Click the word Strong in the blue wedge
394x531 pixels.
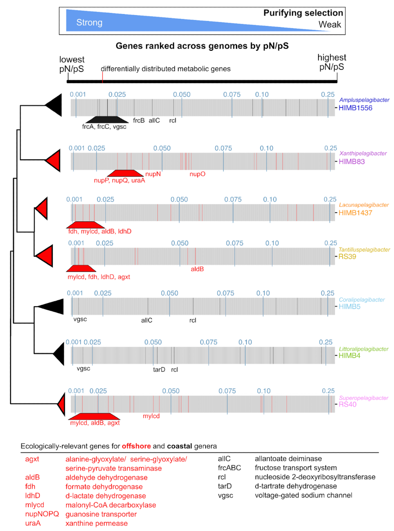[x=89, y=23]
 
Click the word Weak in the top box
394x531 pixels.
[x=329, y=24]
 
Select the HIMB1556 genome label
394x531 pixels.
[x=355, y=108]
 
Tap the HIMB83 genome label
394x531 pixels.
[x=351, y=161]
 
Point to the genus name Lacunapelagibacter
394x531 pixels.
[x=364, y=205]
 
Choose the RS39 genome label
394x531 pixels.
[x=347, y=256]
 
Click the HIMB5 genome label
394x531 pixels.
[x=349, y=307]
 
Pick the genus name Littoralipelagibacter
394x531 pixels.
[x=364, y=349]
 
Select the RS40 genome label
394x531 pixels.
[x=347, y=404]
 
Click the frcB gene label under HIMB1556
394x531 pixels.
[x=139, y=121]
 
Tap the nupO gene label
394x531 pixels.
[x=197, y=174]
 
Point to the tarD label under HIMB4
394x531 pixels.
[x=159, y=370]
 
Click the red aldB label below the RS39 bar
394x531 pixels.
[x=197, y=269]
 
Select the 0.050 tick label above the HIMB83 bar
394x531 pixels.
[x=162, y=148]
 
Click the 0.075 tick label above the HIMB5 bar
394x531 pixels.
[x=225, y=293]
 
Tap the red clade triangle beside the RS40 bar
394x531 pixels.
[x=62, y=404]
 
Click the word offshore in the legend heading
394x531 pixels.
[x=136, y=446]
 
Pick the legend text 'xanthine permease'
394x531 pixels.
[x=96, y=523]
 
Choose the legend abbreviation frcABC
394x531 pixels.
[x=229, y=468]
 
